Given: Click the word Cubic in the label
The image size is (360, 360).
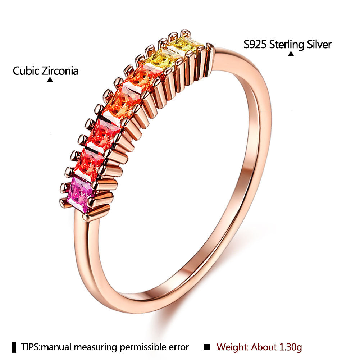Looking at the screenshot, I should pyautogui.click(x=26, y=70).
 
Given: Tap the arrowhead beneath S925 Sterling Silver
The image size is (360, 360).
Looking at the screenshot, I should pyautogui.click(x=291, y=53).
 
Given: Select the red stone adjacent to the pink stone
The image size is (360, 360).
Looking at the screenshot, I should pyautogui.click(x=91, y=164).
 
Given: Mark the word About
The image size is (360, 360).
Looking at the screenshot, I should pyautogui.click(x=263, y=347).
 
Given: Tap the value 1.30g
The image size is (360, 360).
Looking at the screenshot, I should pyautogui.click(x=290, y=347).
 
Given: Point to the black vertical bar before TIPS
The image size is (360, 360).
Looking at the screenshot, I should pyautogui.click(x=14, y=347).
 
